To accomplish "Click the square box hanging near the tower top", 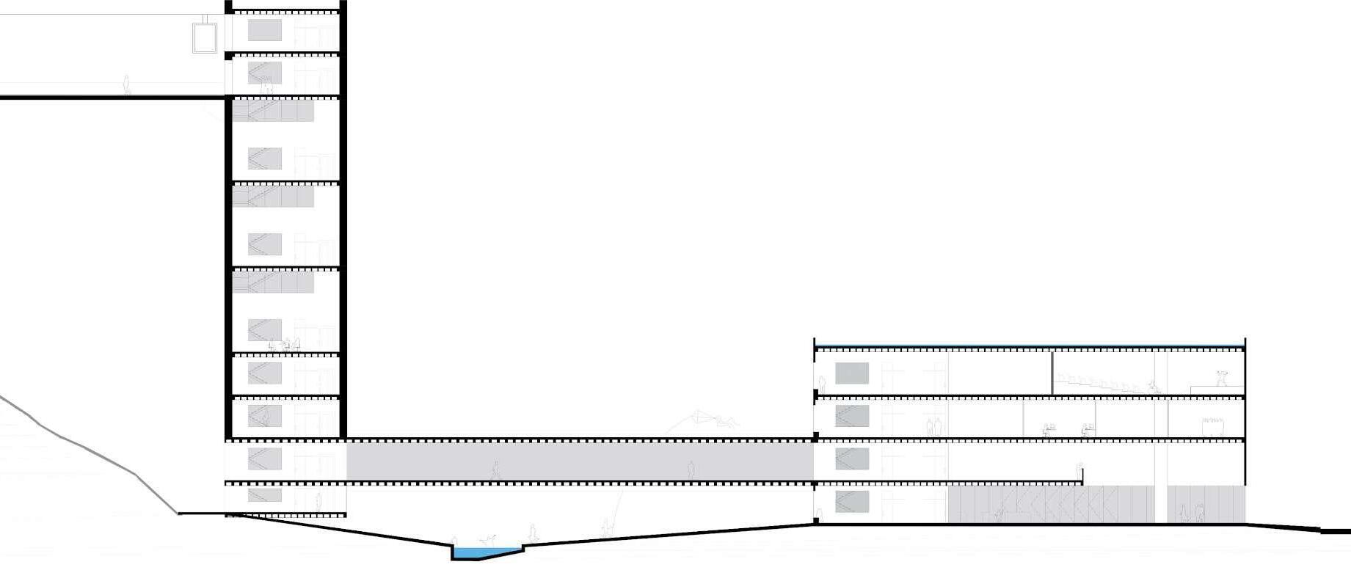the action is coord(205,38).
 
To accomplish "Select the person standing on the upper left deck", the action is coord(127,85).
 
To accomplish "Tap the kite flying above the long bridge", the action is coord(704,419).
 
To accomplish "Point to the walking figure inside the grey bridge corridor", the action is coord(496,470).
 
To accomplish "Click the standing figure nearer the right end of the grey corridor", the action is coord(691,469).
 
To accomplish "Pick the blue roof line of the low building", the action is coord(1027,346).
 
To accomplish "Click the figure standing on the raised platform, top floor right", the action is coord(1221,379).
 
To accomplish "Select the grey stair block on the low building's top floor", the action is coord(851,373).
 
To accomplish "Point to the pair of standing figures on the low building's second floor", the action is coord(933,427).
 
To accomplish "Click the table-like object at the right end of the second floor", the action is coord(1212,427).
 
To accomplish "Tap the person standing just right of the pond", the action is coord(534,533).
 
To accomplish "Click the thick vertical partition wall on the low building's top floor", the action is coord(1052,373).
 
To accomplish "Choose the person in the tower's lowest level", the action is coord(318,503).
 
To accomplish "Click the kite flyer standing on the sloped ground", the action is coord(606,526).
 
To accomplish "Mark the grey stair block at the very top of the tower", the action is coord(264,30).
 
